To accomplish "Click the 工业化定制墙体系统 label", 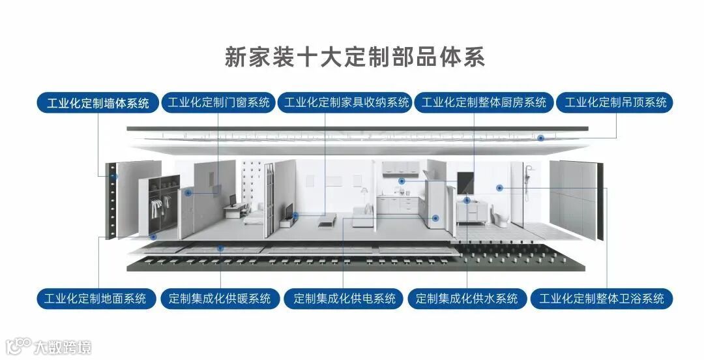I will coord(98,103).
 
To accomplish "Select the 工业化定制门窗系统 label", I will coord(218,102).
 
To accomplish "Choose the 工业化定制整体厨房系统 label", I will coord(484,102).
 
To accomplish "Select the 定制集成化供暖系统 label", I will coord(220,299).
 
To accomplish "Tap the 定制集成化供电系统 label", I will coord(345,299).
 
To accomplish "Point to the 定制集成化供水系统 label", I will coord(467,299).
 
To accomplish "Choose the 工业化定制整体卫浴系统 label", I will coord(602,299).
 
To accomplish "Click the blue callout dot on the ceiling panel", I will coord(540,138).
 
